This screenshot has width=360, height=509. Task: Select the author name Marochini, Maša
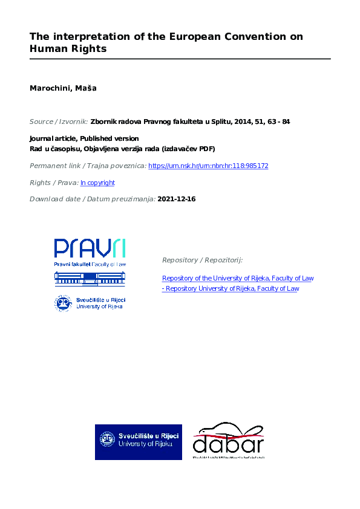tap(63, 88)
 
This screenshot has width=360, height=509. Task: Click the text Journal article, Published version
tap(84, 138)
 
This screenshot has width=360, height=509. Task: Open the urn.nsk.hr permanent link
tap(208, 166)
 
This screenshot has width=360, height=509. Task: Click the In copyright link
tap(97, 183)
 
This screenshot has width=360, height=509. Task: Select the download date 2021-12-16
tap(176, 199)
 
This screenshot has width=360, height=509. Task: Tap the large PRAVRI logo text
tap(90, 248)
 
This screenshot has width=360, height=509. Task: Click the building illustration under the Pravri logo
tap(90, 278)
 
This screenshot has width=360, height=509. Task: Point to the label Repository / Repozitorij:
tap(202, 260)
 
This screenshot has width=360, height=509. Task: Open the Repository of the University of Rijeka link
tap(238, 279)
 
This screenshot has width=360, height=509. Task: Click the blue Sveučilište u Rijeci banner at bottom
tap(138, 442)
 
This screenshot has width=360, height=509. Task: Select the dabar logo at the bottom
tap(228, 442)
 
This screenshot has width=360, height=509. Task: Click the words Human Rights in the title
tap(68, 49)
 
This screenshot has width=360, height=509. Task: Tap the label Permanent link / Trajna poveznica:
tap(88, 166)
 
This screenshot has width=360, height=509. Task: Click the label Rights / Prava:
tap(54, 183)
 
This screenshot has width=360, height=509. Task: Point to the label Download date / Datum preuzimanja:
tap(92, 199)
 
